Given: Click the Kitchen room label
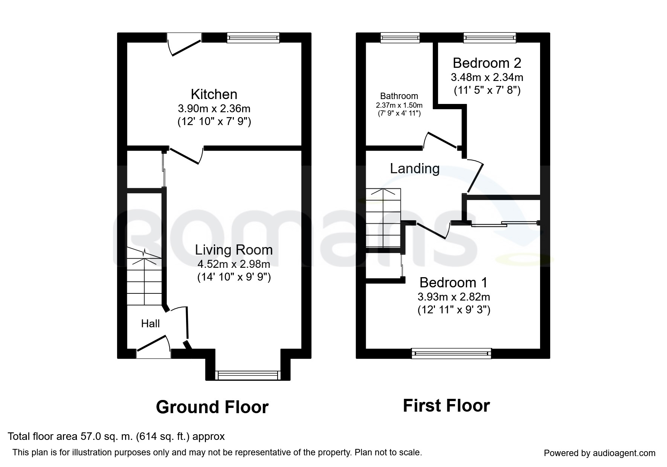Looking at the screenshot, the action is [x=214, y=94].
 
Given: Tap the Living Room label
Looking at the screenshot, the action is [x=234, y=250].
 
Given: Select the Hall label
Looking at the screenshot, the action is [x=150, y=324].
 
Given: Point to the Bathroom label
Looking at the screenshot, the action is [x=399, y=96].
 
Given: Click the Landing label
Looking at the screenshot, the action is [x=415, y=168].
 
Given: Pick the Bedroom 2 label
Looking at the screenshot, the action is [x=487, y=63].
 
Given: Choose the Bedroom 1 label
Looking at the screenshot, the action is [x=453, y=282].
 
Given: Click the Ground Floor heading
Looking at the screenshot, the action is [x=212, y=407].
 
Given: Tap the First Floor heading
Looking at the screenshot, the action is [x=446, y=406].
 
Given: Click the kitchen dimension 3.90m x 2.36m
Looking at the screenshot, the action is [x=214, y=109].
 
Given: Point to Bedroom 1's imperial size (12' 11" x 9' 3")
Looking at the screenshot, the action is [x=454, y=310].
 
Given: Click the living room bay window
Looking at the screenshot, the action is [x=248, y=375].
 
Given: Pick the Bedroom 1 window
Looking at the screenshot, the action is [x=452, y=353].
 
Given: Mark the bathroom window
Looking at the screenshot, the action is [x=400, y=38].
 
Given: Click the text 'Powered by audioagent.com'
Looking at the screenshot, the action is [x=600, y=453].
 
